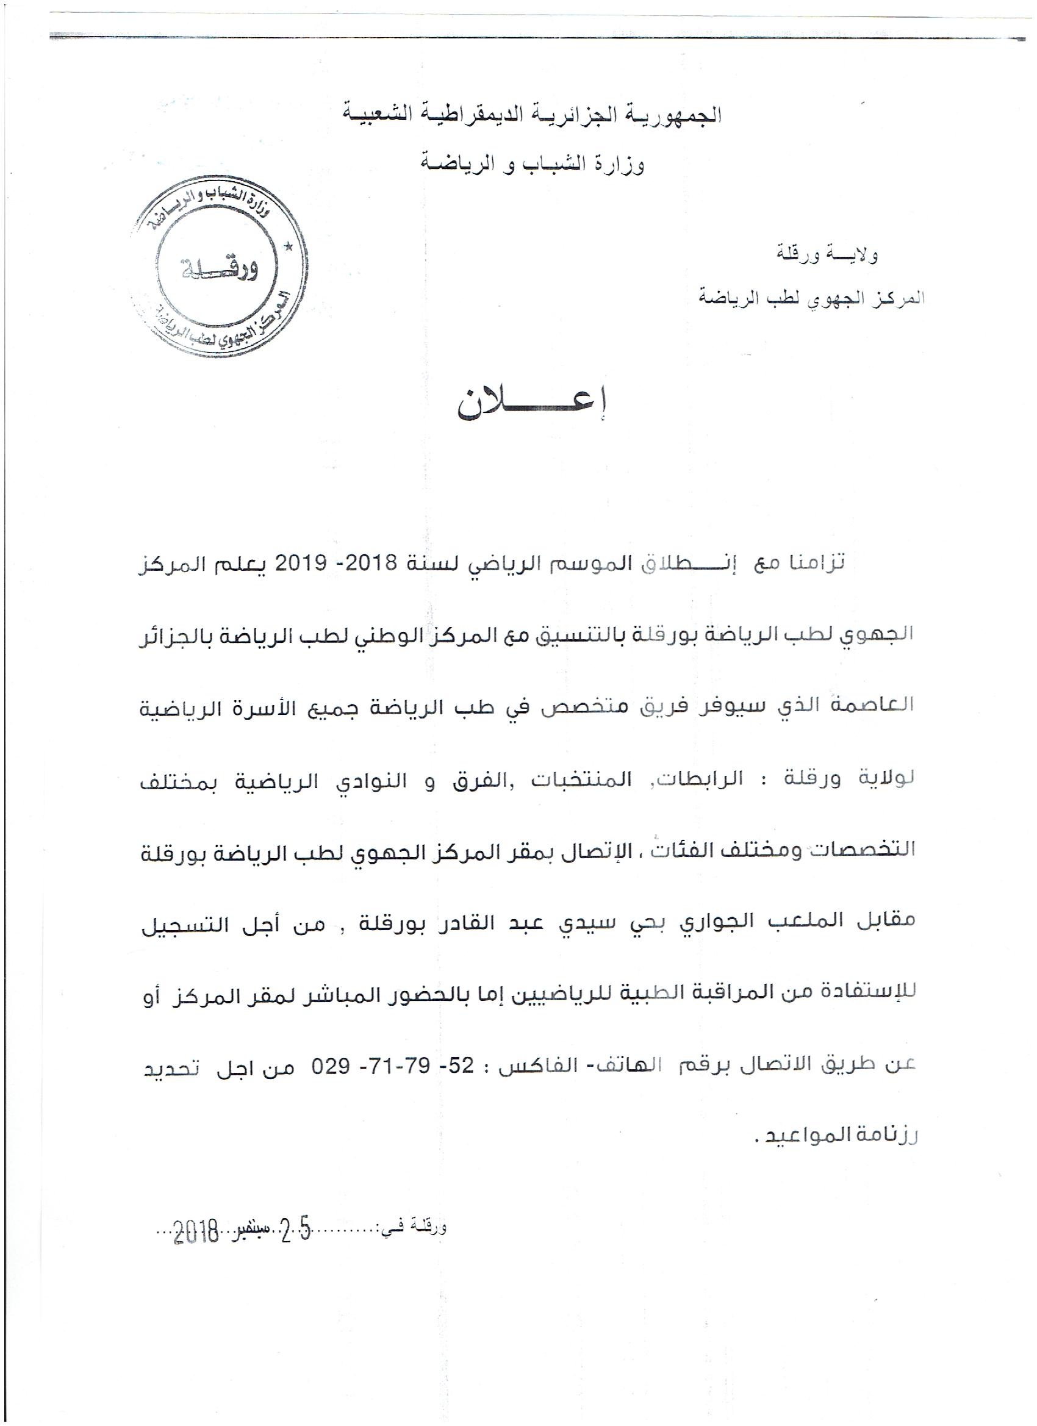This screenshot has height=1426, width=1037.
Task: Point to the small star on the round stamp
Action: pos(290,247)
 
